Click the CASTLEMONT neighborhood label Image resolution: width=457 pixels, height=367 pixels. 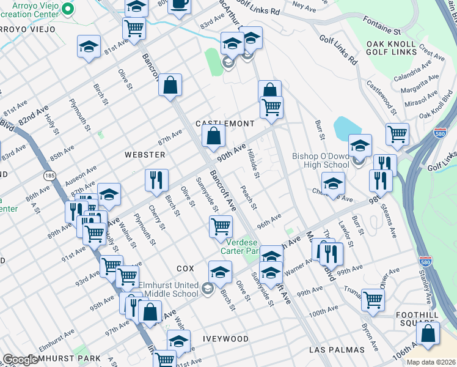click(x=224, y=124)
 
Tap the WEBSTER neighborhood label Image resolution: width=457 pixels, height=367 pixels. click(x=145, y=155)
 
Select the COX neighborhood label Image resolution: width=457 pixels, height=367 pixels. click(x=185, y=269)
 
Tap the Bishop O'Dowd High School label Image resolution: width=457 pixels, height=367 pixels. click(x=321, y=160)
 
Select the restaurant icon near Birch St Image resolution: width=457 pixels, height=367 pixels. click(x=156, y=180)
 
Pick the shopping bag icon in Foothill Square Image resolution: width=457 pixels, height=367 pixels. click(x=428, y=333)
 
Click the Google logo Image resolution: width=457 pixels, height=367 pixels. click(x=21, y=360)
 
